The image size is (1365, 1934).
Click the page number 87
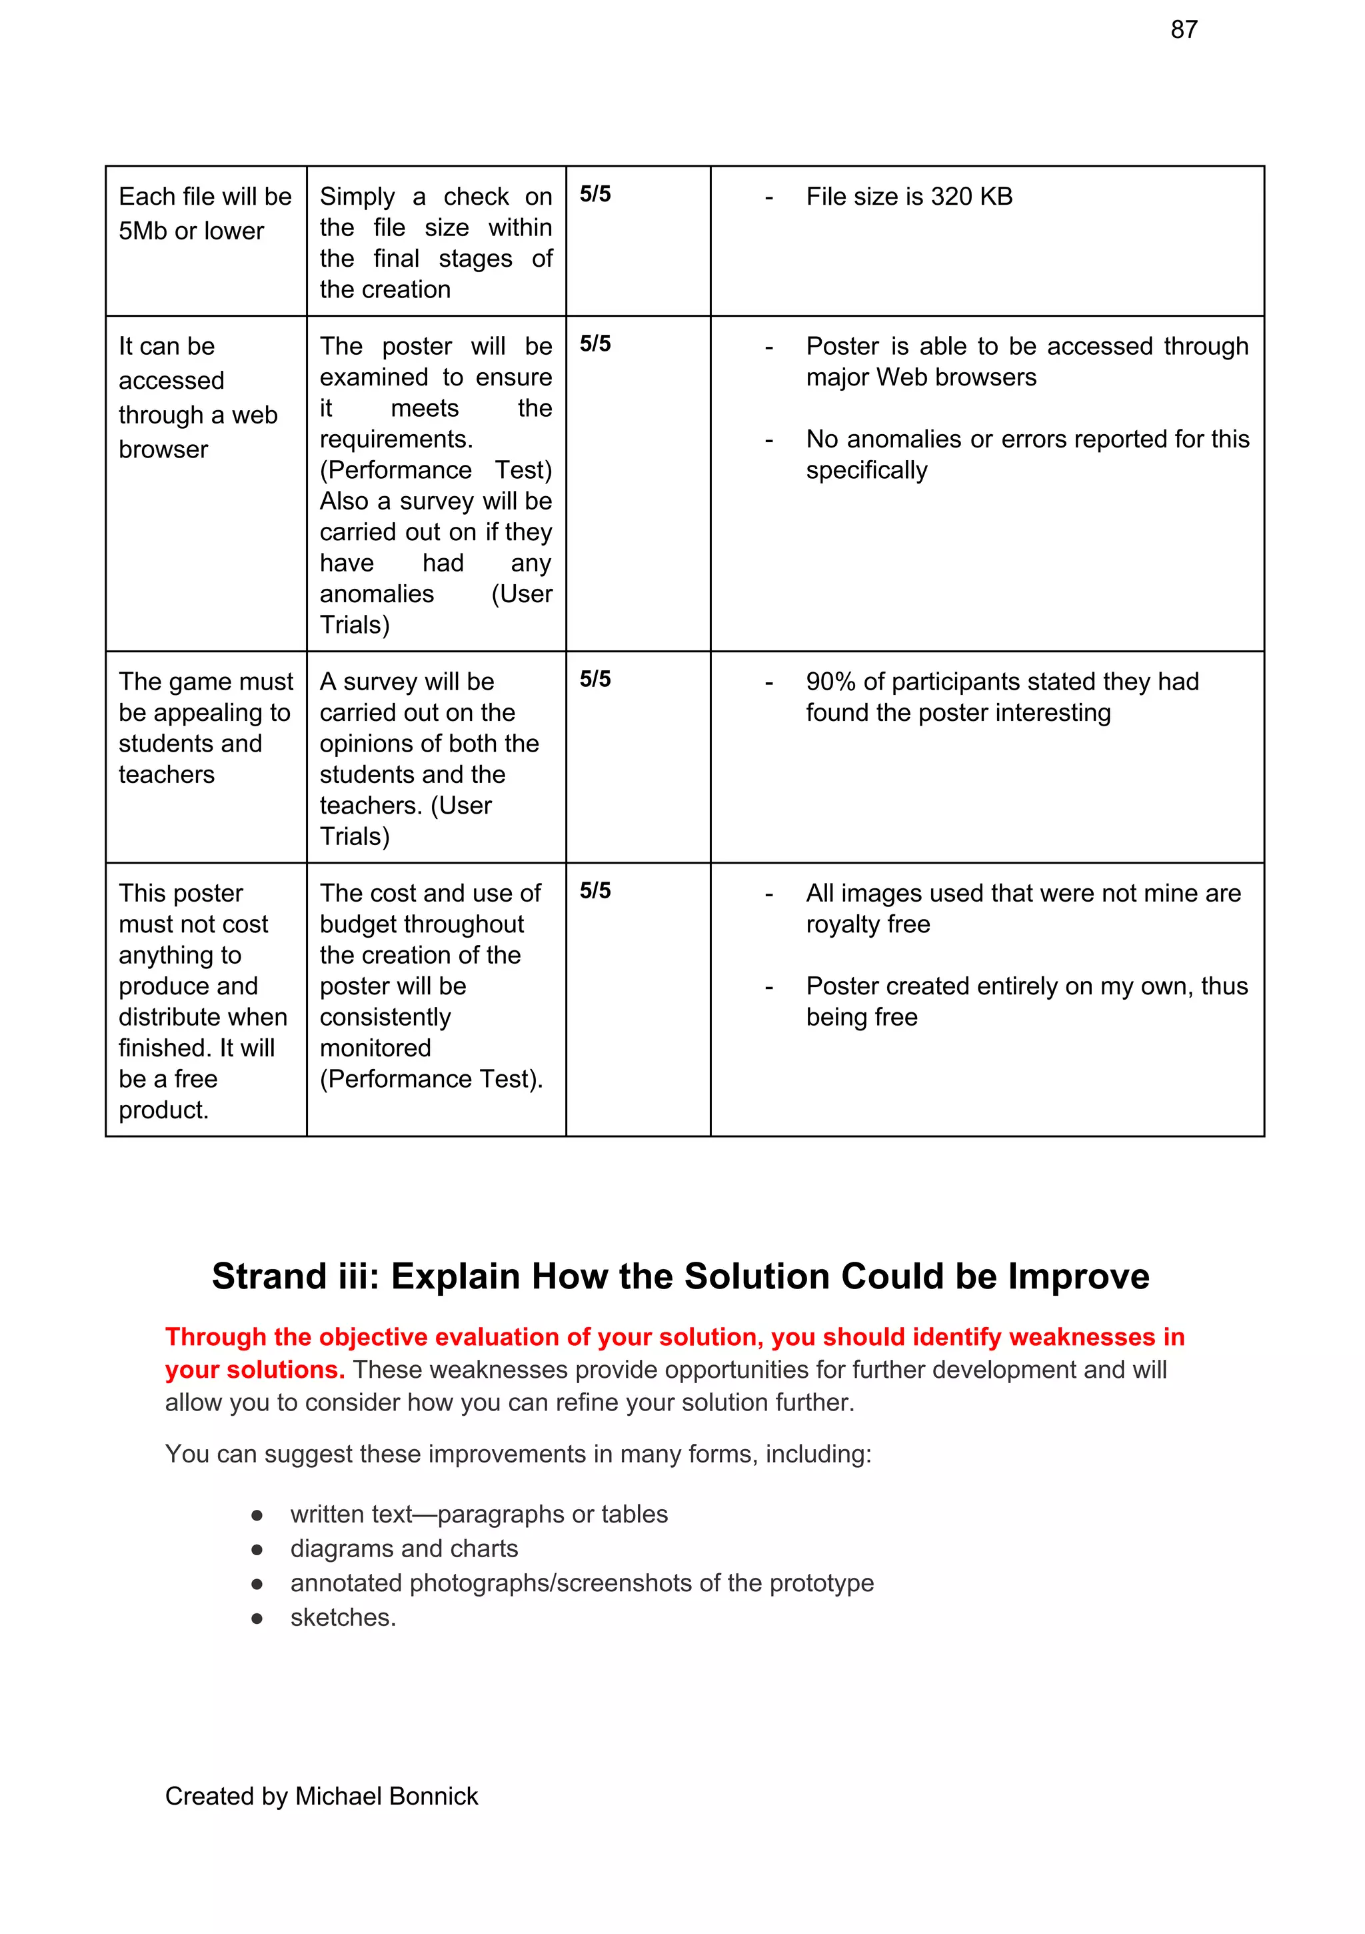click(x=1183, y=30)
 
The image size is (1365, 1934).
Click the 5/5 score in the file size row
click(x=595, y=195)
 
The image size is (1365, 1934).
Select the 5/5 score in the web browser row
click(x=595, y=343)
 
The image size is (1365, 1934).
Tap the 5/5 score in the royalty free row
click(x=595, y=890)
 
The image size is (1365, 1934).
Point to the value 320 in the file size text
click(x=952, y=196)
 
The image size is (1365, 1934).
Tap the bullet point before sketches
click(x=257, y=1618)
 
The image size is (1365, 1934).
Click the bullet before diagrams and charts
click(x=257, y=1549)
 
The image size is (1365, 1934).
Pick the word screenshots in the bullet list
click(x=623, y=1583)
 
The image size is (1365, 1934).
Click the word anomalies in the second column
click(x=377, y=594)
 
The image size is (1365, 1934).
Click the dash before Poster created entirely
click(x=768, y=986)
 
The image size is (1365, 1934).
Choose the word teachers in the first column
click(x=166, y=774)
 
